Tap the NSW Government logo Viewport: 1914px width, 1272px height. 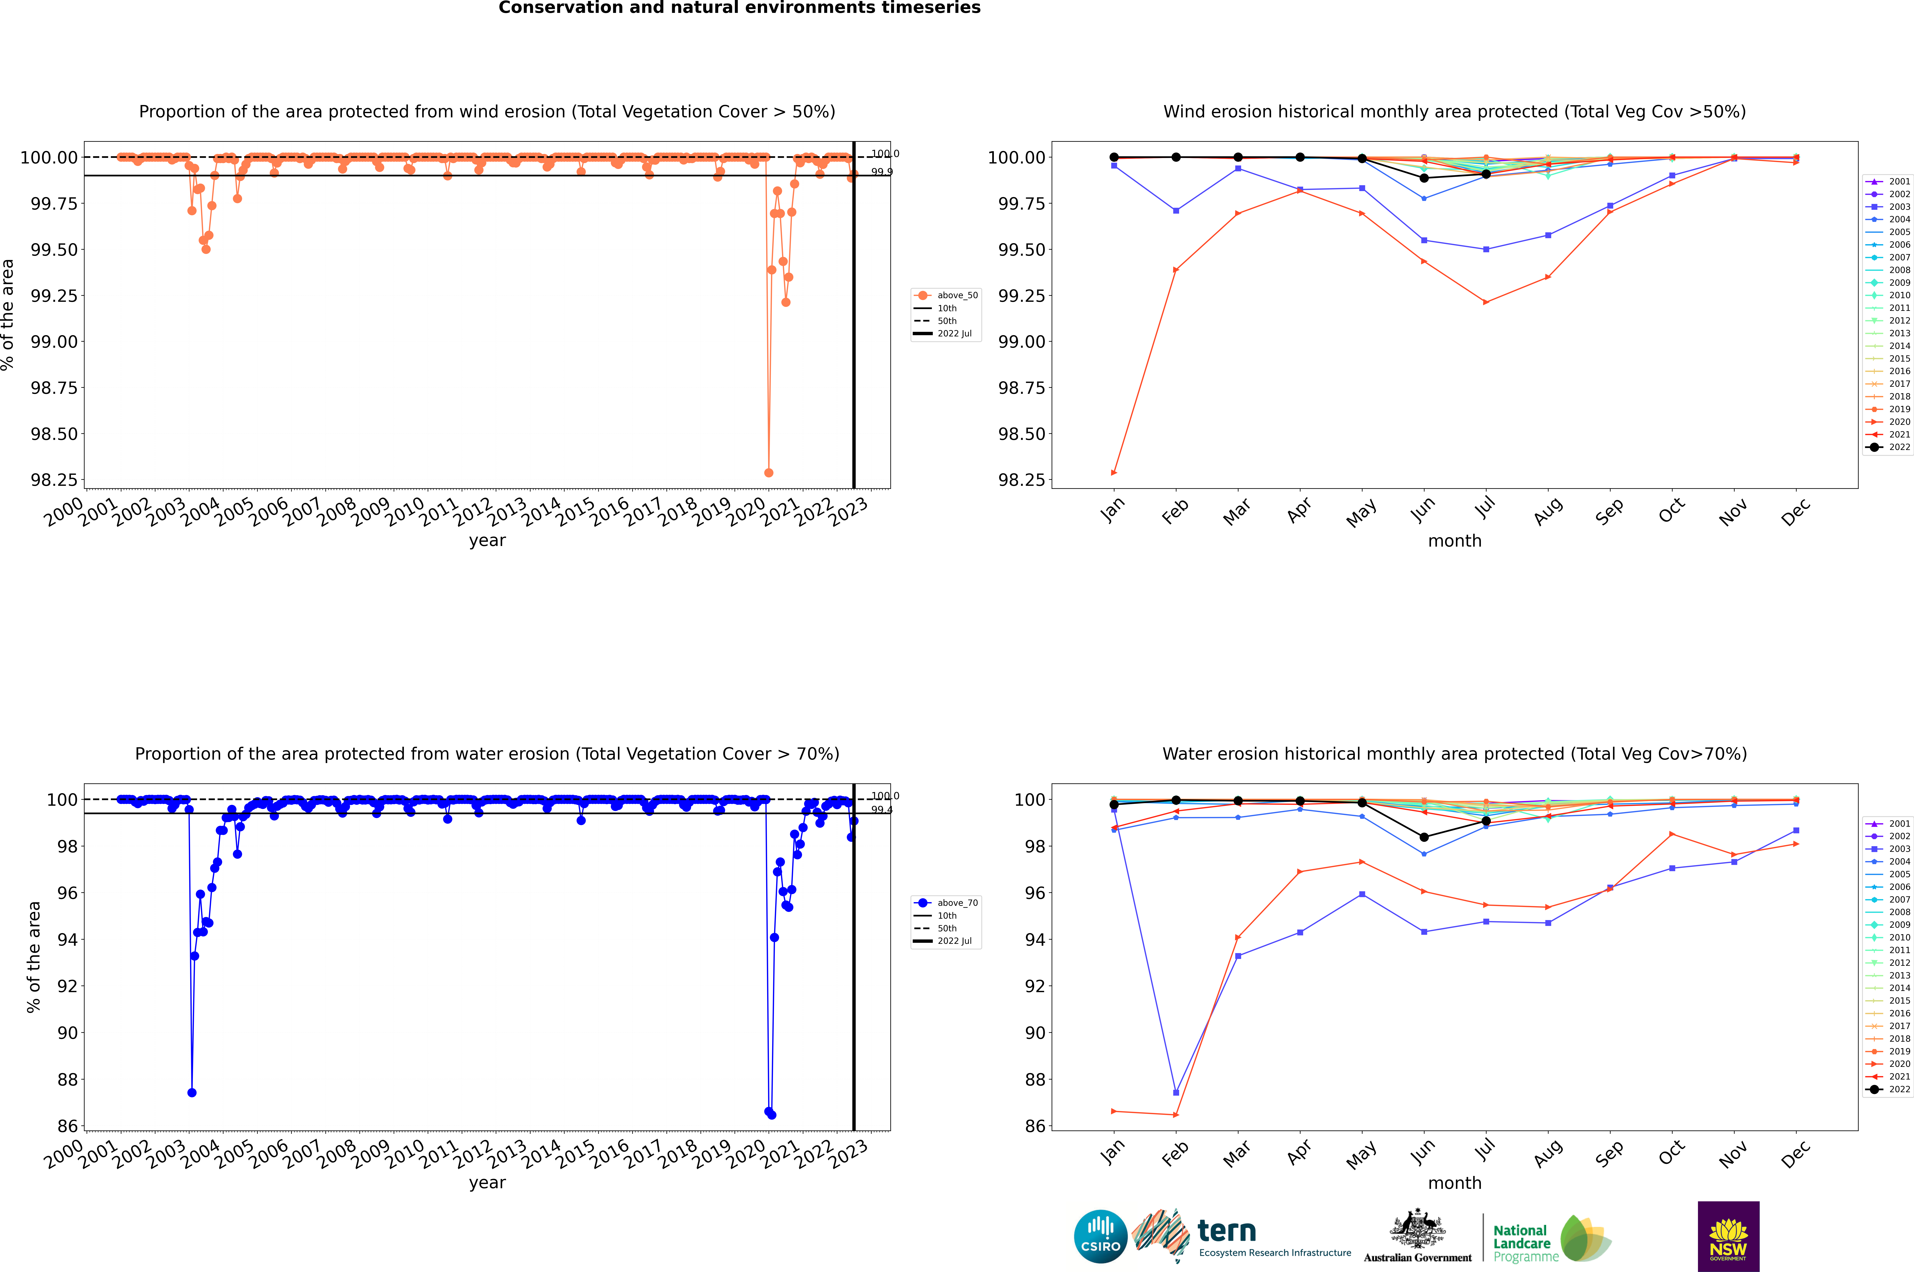coord(1728,1236)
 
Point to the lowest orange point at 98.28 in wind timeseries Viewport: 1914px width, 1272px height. coord(768,472)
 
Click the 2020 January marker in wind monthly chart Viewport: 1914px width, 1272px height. coord(1114,472)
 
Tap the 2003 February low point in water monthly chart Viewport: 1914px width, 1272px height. coord(1176,1093)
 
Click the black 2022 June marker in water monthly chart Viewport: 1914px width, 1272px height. coord(1424,837)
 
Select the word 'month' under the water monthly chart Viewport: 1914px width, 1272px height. coord(1454,1183)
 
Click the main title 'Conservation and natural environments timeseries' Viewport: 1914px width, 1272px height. coord(739,8)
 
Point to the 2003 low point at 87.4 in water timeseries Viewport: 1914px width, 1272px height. coord(191,1093)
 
